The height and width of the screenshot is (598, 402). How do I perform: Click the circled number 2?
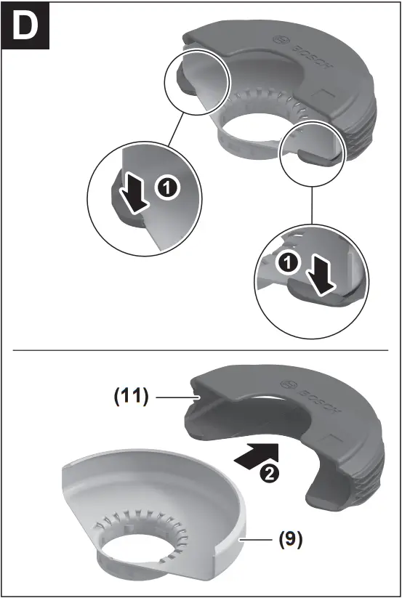[268, 474]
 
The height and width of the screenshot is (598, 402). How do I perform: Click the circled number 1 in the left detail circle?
[166, 189]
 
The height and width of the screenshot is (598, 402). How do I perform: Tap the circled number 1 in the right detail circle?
[288, 265]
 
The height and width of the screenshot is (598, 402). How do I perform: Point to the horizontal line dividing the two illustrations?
[201, 351]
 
